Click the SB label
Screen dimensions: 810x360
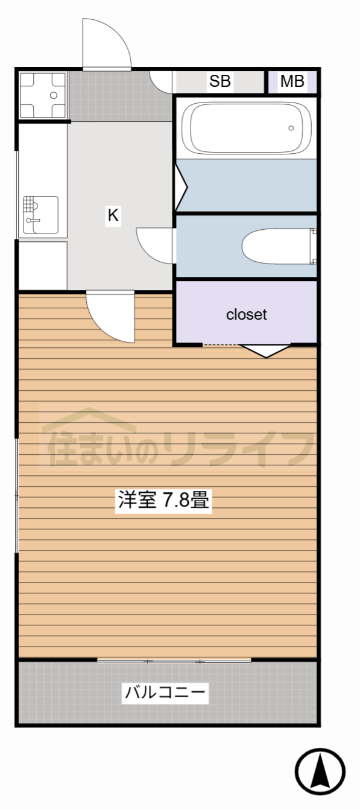coord(220,81)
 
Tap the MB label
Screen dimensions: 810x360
coord(292,81)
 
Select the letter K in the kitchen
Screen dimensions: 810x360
coord(113,215)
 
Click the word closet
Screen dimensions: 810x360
coord(246,314)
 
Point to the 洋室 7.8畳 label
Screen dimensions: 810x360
coord(163,501)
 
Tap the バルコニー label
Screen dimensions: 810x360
coord(165,692)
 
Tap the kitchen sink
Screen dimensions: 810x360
coord(40,215)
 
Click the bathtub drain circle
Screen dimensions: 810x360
coord(291,128)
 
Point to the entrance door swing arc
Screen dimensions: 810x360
coord(107,43)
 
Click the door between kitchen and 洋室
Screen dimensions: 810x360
coord(110,317)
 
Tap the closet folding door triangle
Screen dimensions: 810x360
coord(265,350)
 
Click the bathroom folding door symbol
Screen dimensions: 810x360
coord(181,186)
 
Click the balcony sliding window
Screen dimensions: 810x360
coord(174,661)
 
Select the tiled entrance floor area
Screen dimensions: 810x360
coord(121,97)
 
